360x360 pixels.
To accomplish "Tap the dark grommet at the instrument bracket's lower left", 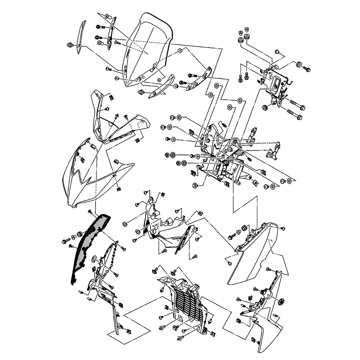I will (265, 107).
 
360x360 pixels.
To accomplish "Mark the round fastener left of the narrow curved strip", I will (69, 45).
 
